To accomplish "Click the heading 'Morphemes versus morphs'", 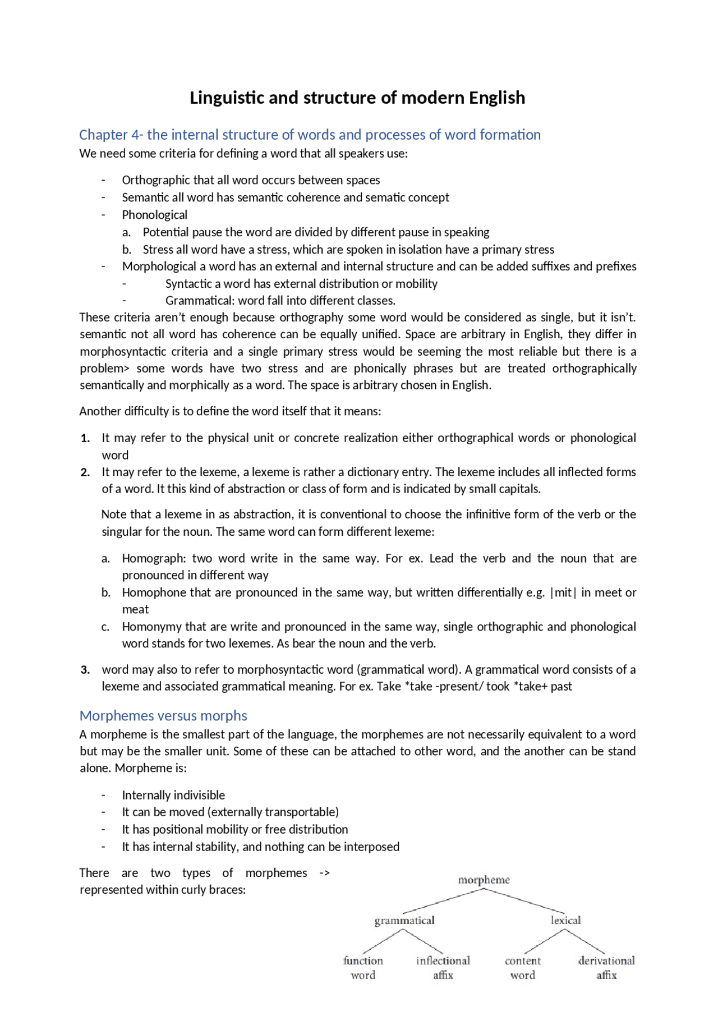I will (x=163, y=716).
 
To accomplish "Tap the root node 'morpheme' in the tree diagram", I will (x=484, y=880).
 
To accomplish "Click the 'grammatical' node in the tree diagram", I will (x=404, y=920).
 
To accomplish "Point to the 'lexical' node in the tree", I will (x=565, y=920).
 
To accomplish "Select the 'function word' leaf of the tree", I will (x=363, y=968).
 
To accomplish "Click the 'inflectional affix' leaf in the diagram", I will (x=443, y=968).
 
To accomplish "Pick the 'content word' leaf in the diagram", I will (x=523, y=968).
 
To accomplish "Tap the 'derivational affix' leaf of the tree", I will (x=606, y=968).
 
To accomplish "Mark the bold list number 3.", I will (x=85, y=670).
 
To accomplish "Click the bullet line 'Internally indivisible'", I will (x=173, y=795).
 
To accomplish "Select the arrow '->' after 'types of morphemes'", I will (x=324, y=873).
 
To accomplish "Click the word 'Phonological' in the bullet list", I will (x=155, y=215).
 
